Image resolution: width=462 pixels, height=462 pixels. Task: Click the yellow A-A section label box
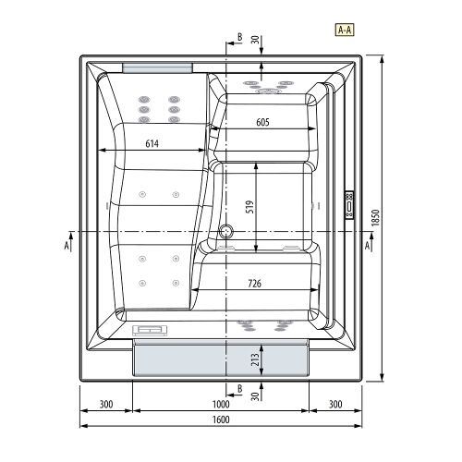point(345,30)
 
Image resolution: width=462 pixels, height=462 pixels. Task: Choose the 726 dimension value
point(260,284)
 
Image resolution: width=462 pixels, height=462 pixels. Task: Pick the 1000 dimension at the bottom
point(219,405)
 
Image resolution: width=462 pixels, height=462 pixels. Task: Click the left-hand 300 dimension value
point(106,405)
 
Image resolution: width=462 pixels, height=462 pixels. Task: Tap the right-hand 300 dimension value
point(334,405)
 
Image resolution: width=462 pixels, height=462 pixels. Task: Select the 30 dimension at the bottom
point(255,395)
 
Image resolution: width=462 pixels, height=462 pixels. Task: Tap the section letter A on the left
point(67,247)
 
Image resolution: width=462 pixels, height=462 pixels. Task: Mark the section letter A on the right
point(369,247)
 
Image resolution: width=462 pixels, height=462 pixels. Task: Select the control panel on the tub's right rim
point(349,202)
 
